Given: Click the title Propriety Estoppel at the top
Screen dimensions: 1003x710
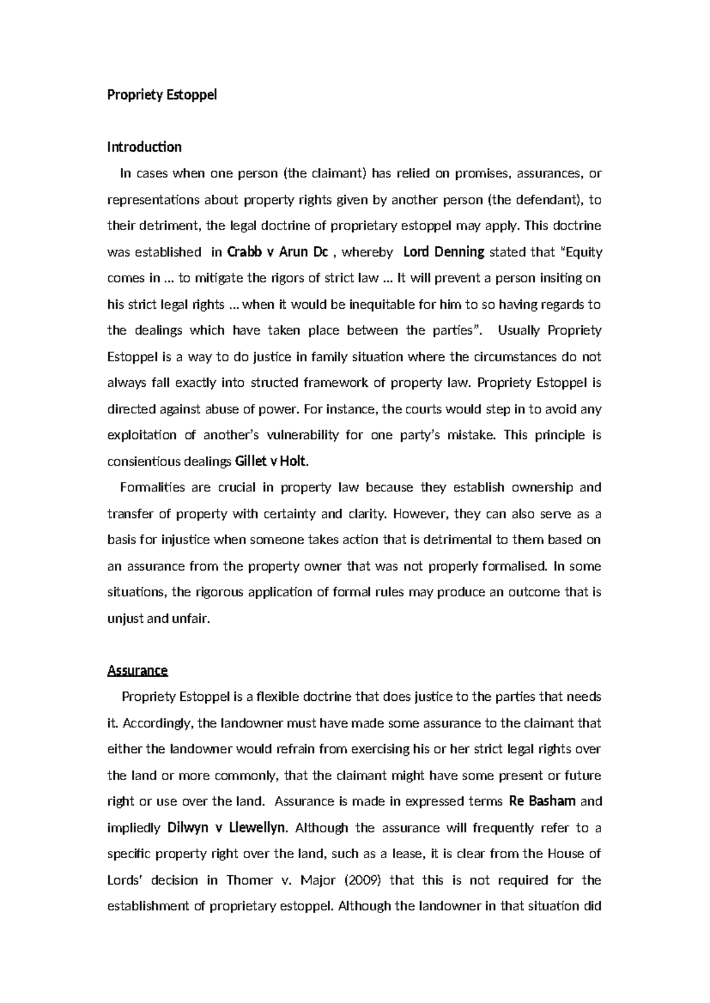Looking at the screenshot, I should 162,95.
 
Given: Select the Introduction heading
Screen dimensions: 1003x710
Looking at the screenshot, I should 144,147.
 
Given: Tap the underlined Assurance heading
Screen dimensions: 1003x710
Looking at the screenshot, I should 137,671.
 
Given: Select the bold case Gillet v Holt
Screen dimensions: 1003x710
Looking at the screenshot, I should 272,461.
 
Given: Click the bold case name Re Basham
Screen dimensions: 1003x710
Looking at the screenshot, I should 542,801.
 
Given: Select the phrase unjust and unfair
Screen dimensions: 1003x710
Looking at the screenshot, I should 158,619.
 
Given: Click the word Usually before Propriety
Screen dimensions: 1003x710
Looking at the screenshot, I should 519,331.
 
